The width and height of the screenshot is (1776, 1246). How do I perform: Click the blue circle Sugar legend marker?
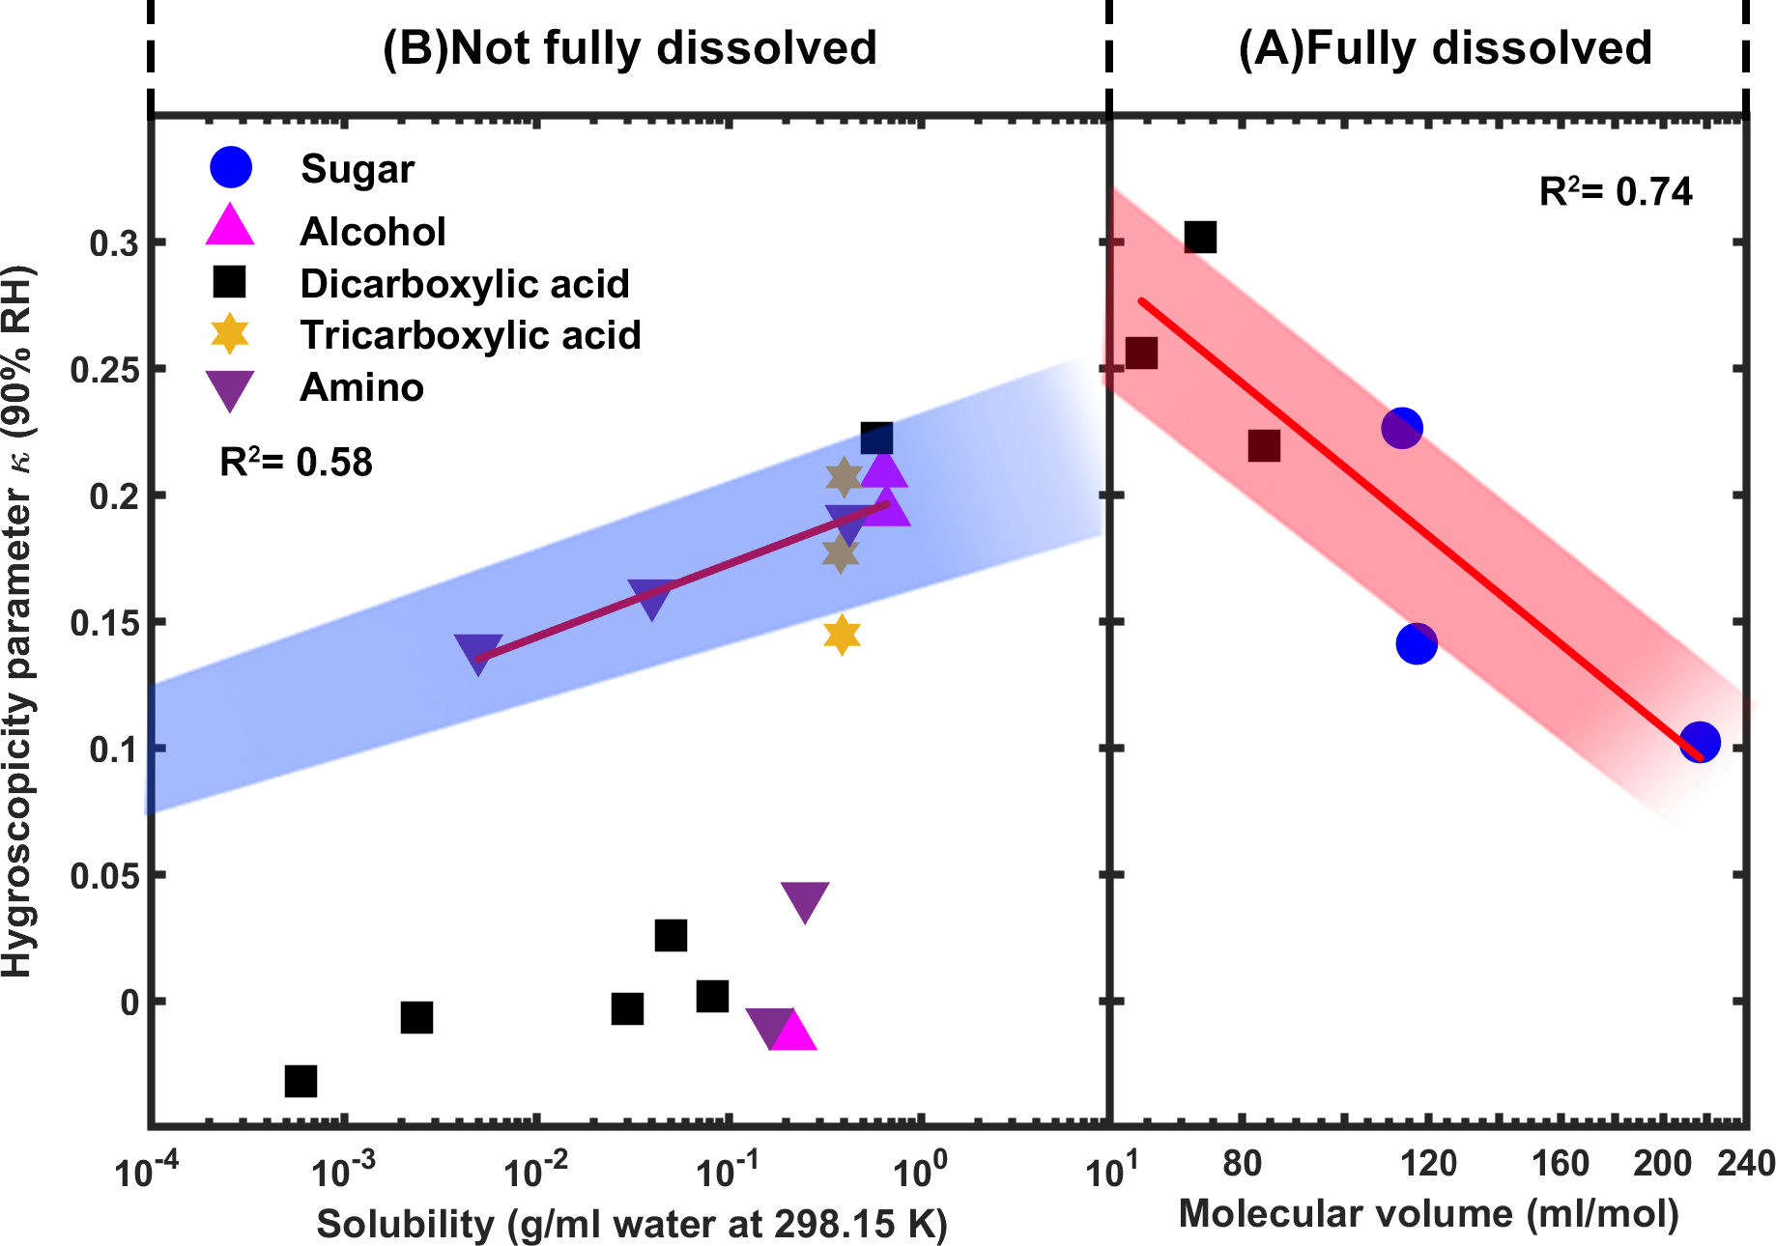coord(231,168)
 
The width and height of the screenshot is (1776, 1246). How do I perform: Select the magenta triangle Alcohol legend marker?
coord(230,226)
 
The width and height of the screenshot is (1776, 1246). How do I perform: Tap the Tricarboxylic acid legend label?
coord(471,335)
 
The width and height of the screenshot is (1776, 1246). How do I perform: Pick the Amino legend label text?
coord(362,387)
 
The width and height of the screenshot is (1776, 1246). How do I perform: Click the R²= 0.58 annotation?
coord(296,463)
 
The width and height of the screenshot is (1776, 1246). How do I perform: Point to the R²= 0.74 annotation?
coord(1616,192)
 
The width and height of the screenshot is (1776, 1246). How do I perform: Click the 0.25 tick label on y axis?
coord(102,370)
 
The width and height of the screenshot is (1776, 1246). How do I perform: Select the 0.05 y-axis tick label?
coord(102,876)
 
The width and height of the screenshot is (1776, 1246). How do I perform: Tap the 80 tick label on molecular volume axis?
coord(1243,1163)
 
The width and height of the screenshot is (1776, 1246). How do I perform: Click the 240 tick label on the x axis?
coord(1745,1163)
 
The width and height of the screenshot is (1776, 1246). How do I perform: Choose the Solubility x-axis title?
coord(632,1224)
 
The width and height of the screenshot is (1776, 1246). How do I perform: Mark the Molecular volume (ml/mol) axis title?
coord(1429,1213)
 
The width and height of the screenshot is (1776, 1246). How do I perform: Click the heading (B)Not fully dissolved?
coord(630,47)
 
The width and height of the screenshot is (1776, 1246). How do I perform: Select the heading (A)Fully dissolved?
coord(1446,47)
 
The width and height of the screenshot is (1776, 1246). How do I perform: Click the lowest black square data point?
coord(301,1081)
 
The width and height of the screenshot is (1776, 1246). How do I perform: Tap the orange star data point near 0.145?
coord(843,635)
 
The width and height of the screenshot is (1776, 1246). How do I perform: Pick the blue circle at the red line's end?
coord(1700,742)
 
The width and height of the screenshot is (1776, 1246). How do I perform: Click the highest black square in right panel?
coord(1200,237)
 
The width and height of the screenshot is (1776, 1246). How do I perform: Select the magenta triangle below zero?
coord(794,1032)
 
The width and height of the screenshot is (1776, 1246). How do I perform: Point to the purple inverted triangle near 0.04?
coord(805,901)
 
